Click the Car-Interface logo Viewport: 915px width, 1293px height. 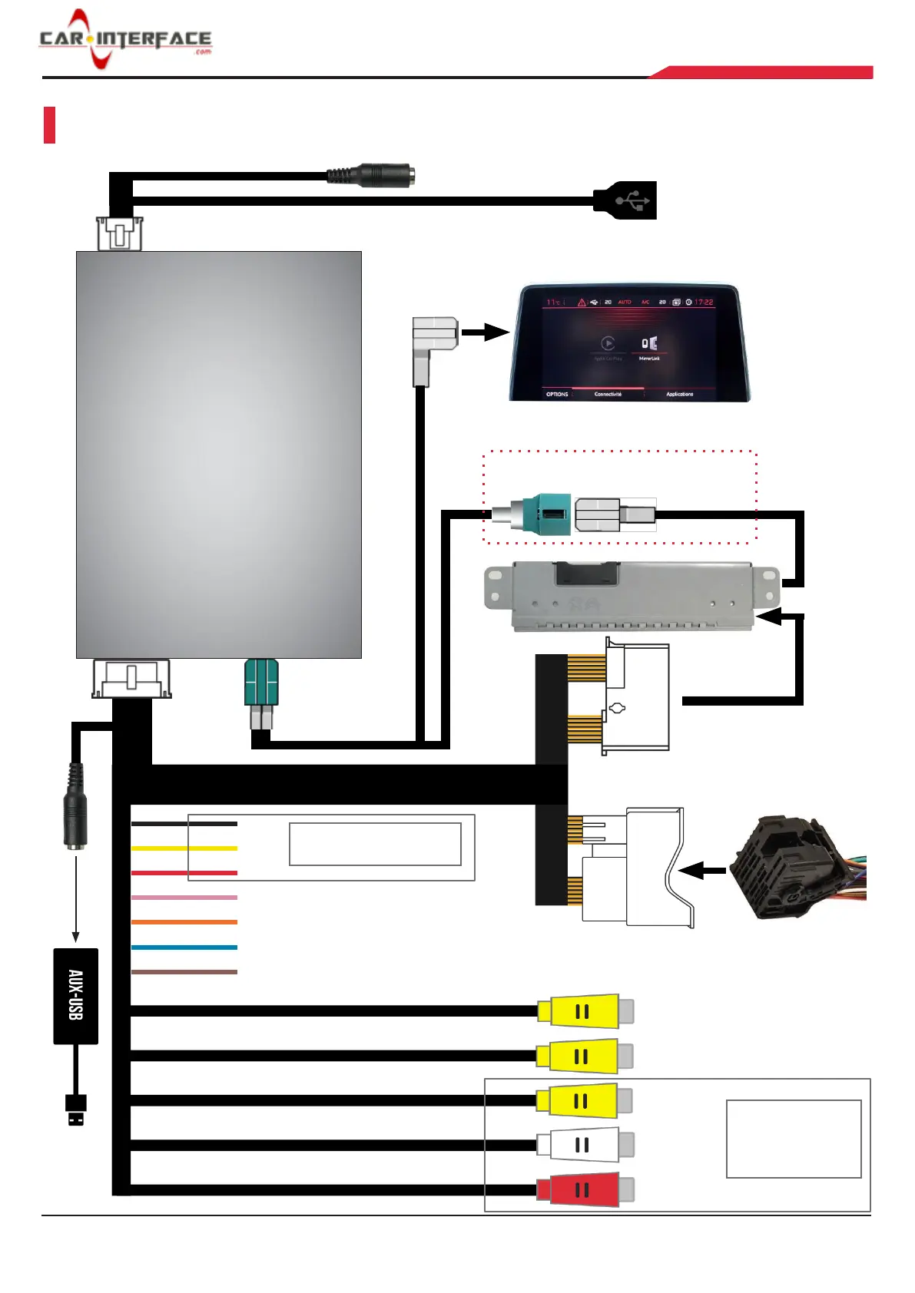[x=125, y=39]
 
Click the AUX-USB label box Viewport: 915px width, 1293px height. [x=75, y=996]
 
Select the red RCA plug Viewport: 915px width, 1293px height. [x=584, y=1189]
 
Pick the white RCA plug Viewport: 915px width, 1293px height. [x=584, y=1145]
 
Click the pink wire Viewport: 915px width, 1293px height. [x=184, y=898]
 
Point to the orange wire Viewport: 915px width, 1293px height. [x=184, y=922]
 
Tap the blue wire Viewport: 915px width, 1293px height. [x=184, y=947]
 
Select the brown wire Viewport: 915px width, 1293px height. [x=184, y=972]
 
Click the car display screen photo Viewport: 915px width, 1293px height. [x=629, y=343]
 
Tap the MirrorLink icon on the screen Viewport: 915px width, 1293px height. [x=649, y=344]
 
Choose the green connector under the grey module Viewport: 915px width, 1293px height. [x=261, y=682]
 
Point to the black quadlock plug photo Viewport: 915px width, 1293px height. [x=795, y=868]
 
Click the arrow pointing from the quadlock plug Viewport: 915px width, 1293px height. [x=702, y=871]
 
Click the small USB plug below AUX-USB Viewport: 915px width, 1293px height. [x=76, y=1110]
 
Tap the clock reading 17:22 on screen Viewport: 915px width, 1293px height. [x=704, y=303]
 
